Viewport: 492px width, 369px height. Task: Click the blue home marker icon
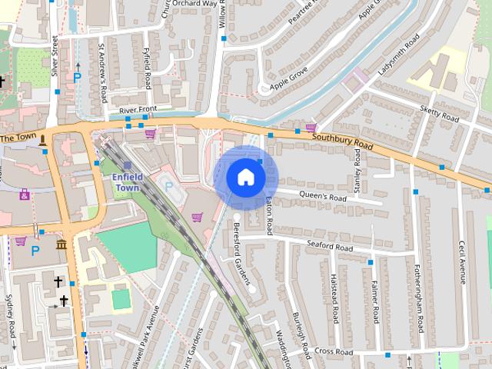tap(245, 178)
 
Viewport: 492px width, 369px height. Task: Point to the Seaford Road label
tap(329, 248)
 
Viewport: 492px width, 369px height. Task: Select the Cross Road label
tap(333, 352)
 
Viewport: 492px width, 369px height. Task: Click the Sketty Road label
tap(439, 114)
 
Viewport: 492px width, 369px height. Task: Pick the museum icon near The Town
tap(60, 244)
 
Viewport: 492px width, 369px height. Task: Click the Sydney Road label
tap(11, 319)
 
